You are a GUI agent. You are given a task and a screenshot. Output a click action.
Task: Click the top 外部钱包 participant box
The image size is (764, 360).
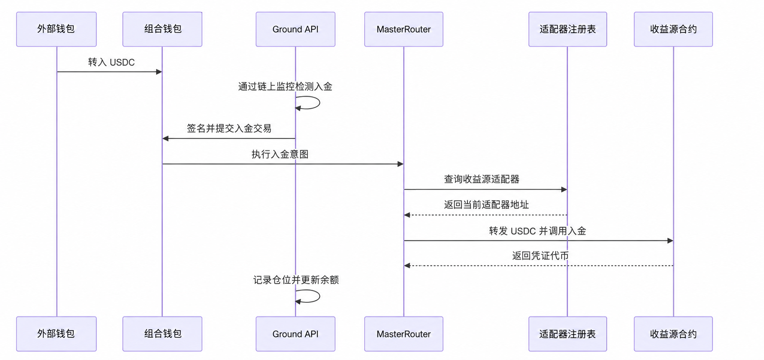[56, 29]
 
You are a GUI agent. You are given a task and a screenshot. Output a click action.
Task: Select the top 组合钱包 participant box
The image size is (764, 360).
[162, 29]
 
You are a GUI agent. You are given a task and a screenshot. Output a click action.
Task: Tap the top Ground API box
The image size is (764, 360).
[295, 29]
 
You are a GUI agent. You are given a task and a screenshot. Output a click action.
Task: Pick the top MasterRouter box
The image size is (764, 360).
[404, 29]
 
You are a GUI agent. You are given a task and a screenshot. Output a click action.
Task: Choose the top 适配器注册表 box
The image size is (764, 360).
[567, 29]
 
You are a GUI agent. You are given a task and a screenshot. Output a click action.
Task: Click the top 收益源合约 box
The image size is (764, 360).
[673, 29]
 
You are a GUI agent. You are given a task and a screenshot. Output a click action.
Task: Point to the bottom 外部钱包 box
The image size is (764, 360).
[56, 334]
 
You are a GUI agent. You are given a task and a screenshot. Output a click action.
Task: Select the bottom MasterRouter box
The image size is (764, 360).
[404, 334]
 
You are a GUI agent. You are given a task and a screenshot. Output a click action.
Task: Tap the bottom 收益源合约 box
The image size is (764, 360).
[673, 334]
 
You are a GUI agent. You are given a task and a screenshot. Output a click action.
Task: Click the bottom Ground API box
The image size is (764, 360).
[295, 334]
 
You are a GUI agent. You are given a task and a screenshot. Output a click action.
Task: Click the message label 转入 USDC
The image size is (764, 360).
[111, 62]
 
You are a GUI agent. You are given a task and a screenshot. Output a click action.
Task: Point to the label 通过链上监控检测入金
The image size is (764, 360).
[285, 87]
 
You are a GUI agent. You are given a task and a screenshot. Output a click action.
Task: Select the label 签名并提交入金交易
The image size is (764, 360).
[229, 128]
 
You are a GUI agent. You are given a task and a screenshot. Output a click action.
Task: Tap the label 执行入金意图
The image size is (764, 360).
[280, 154]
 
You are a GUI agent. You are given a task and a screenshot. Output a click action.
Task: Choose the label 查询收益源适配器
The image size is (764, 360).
[481, 179]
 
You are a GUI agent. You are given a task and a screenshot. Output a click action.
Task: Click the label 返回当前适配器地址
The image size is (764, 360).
[486, 205]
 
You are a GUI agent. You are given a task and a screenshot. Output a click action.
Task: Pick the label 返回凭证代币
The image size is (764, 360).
[540, 256]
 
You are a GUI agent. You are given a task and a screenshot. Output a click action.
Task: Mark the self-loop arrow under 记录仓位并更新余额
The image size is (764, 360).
[319, 296]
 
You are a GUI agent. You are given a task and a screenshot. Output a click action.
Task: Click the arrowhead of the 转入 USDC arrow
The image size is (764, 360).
[159, 72]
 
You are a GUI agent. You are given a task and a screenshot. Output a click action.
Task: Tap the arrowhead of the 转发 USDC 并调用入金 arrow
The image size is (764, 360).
[670, 241]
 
